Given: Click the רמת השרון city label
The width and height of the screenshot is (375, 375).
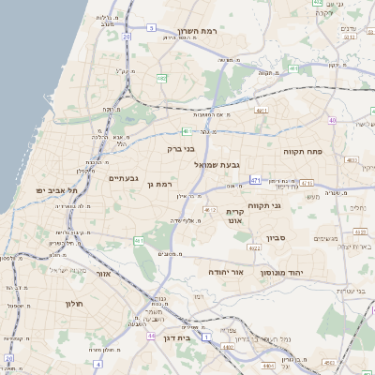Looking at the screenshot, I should click(x=198, y=32).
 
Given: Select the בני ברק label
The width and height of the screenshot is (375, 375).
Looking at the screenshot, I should click(x=181, y=147).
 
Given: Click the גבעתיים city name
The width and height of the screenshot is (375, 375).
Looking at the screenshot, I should click(x=123, y=177).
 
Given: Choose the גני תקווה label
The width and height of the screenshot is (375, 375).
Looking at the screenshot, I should click(x=264, y=205).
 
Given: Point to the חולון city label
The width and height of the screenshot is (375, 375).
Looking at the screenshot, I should click(x=75, y=304).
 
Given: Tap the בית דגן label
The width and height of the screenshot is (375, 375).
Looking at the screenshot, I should click(x=176, y=337).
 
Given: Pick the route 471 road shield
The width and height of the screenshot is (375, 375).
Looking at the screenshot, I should click(x=256, y=178).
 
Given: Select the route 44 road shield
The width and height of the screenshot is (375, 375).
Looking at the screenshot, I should click(x=150, y=335).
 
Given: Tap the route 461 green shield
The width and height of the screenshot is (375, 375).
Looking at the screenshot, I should click(x=138, y=241).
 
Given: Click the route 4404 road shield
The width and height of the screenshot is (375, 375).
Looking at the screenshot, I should click(x=228, y=348).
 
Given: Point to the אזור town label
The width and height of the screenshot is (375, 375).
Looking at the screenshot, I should click(x=103, y=273).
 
